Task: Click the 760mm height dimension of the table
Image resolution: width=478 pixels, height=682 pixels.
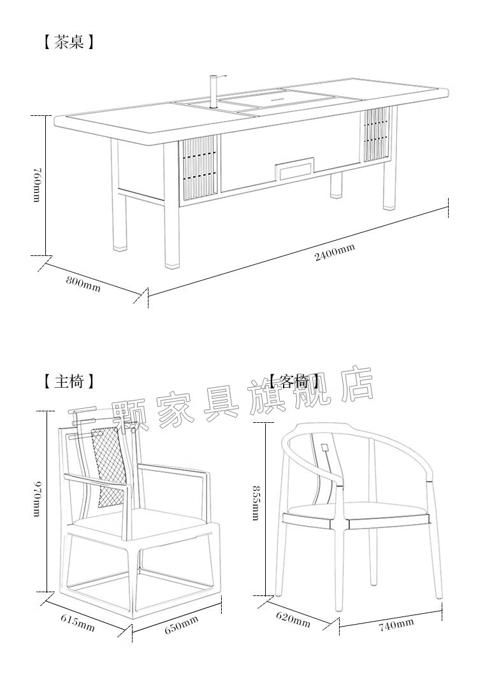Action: tap(36, 185)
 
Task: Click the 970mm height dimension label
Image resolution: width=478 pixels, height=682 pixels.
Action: tap(37, 500)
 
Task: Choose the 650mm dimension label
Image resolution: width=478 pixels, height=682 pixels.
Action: tap(181, 624)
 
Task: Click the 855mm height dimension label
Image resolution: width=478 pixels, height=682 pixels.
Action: tap(255, 503)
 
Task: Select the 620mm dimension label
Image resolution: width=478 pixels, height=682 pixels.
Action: tap(293, 619)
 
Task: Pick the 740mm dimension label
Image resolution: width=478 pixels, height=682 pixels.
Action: tap(396, 625)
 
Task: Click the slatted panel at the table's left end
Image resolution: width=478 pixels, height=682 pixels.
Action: tap(200, 167)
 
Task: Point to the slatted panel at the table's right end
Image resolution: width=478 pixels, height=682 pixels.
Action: tap(376, 134)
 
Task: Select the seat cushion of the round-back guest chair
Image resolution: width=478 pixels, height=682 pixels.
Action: tap(357, 509)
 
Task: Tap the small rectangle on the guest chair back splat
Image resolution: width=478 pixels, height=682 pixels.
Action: tap(325, 447)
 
